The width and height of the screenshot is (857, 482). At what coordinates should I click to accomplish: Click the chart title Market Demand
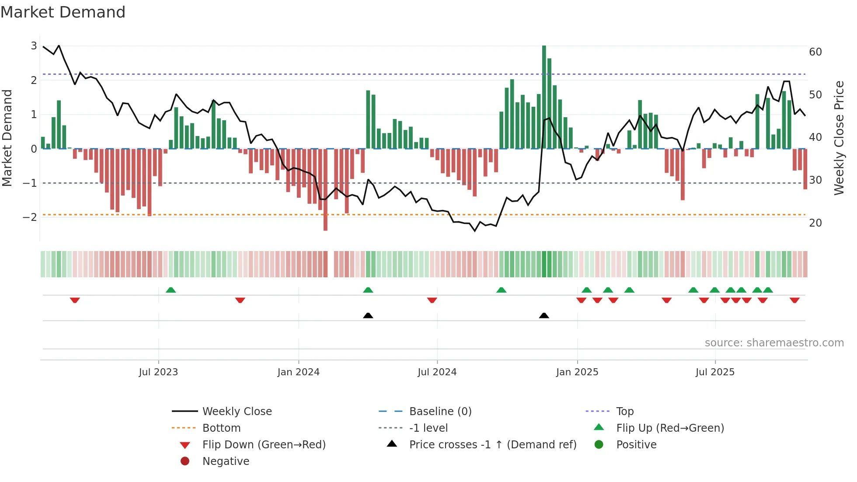tap(63, 12)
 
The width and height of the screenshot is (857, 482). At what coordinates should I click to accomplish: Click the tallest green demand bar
tap(544, 96)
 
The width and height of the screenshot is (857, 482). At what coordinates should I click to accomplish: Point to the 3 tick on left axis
tap(34, 46)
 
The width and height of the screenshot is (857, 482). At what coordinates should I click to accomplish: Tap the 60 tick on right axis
tap(815, 52)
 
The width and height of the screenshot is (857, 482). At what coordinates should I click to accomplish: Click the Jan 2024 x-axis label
tap(298, 372)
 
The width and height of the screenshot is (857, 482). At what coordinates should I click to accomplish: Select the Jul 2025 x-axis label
tap(715, 372)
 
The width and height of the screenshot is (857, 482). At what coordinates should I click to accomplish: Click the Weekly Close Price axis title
tap(839, 138)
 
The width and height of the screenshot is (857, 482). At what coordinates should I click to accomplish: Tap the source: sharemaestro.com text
tap(774, 343)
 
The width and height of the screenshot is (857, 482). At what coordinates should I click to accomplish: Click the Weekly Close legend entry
tap(237, 412)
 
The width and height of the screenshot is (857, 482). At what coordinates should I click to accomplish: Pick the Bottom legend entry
tap(221, 428)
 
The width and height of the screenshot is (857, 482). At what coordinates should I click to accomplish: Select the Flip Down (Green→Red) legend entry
tap(264, 445)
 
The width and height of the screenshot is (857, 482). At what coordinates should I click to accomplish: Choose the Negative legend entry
tap(226, 461)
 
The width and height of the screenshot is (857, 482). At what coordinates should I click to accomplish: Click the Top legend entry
tap(624, 412)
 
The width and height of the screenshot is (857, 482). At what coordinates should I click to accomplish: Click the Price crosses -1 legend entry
tap(492, 445)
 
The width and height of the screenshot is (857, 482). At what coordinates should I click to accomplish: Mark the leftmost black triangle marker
tap(368, 315)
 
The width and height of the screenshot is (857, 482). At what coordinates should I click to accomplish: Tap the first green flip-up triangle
tap(171, 290)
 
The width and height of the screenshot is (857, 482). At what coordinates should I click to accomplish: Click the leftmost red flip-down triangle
tap(75, 300)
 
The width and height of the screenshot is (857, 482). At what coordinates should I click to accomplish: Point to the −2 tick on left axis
tap(30, 217)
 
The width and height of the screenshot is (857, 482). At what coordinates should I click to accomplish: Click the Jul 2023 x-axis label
tap(158, 372)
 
